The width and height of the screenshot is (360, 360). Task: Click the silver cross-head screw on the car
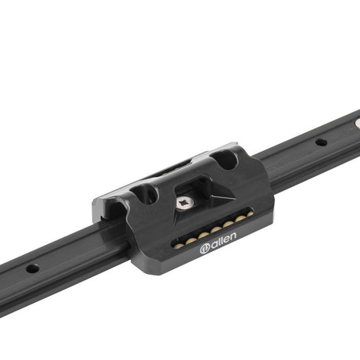point(184,203)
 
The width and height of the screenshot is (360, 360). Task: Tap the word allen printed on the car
point(222,240)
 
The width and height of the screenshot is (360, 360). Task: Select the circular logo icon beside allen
point(204,249)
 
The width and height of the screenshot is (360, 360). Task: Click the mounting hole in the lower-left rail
point(33,268)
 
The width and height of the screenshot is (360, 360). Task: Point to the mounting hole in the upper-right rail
point(321,142)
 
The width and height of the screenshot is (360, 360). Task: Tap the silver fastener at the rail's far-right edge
point(358,123)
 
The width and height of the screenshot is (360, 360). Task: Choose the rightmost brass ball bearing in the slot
point(250,214)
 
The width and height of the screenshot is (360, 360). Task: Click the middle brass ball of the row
point(216,229)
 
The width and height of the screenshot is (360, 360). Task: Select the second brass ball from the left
point(191,240)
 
